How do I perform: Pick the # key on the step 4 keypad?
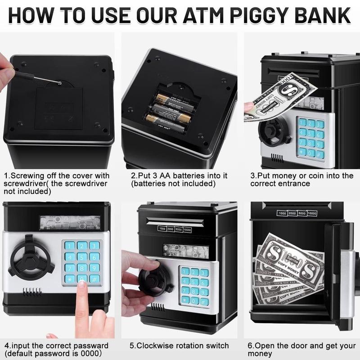pyautogui.click(x=94, y=279)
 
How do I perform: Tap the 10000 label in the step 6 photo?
pyautogui.click(x=312, y=213)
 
